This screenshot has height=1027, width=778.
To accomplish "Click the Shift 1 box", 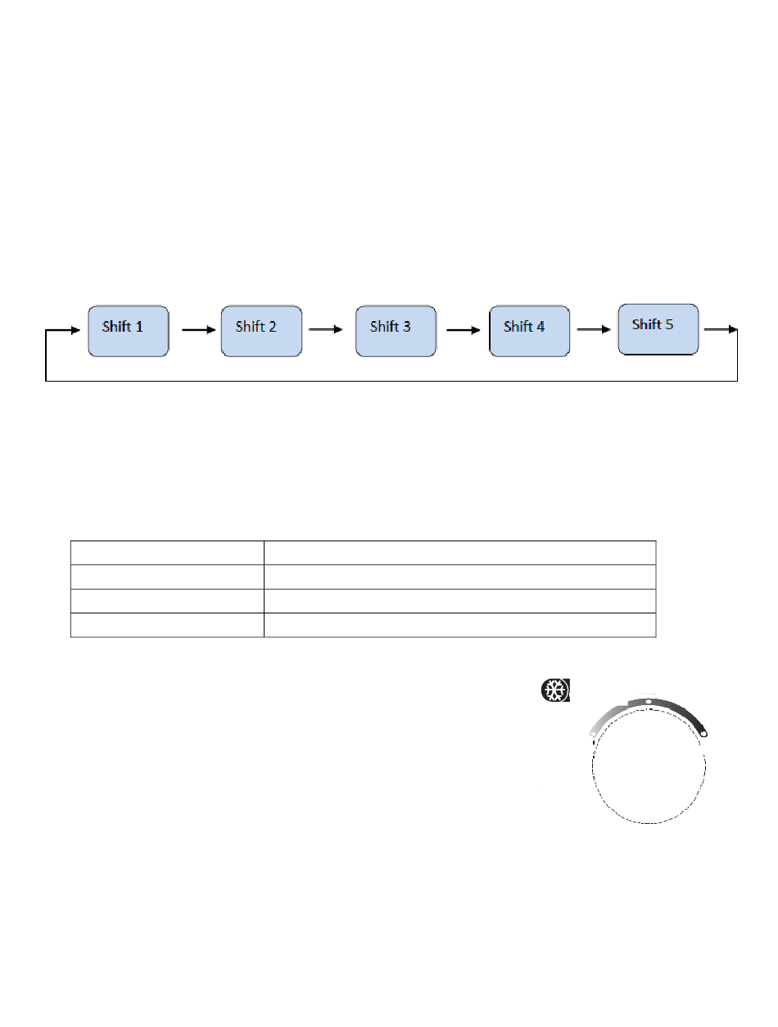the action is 129,331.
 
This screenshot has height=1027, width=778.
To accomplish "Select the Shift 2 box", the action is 262,331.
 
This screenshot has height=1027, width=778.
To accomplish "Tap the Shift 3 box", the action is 396,331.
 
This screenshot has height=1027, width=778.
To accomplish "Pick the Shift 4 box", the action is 530,331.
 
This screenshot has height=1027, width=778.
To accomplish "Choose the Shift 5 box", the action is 658,328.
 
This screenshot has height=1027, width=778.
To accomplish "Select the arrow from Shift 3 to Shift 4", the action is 463,330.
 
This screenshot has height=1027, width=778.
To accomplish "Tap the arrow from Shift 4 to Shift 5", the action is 595,330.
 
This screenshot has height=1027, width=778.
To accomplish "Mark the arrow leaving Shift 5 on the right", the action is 721,330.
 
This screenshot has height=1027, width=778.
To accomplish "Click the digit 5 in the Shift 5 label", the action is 669,324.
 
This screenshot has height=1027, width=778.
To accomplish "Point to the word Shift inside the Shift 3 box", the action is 384,327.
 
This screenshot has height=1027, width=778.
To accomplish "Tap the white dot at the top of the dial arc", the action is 649,702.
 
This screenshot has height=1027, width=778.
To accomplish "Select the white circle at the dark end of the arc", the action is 703,735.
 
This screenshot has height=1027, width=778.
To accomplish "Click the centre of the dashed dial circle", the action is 649,766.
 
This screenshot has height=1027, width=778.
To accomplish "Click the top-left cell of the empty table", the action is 167,552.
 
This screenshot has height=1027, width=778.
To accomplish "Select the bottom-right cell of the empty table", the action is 459,625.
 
